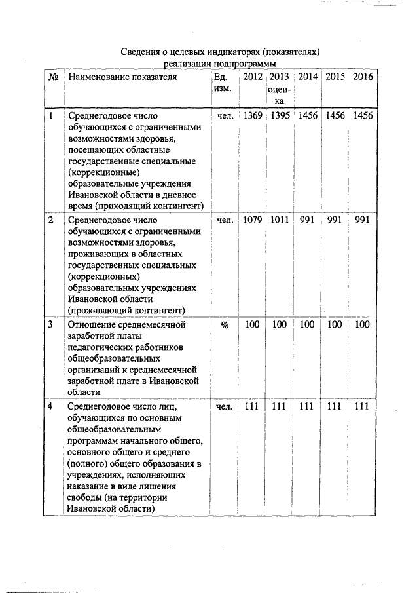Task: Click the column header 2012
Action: (x=253, y=77)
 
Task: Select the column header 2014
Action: (x=308, y=77)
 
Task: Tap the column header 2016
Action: (x=363, y=77)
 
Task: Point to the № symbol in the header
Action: (x=54, y=77)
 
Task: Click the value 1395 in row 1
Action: (x=280, y=115)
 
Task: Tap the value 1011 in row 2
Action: (x=280, y=220)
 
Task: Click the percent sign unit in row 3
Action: (x=225, y=324)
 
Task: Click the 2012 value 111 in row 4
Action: (x=253, y=406)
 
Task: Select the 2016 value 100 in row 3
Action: (x=363, y=324)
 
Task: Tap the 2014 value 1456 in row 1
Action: (x=308, y=115)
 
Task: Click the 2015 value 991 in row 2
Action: (x=335, y=220)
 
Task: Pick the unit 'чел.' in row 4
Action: (x=225, y=406)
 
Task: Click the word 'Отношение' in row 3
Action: (x=90, y=324)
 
